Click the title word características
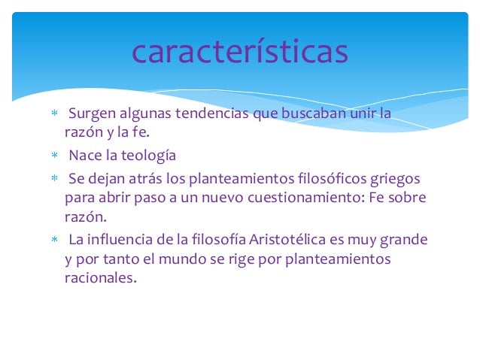tap(239, 52)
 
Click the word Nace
tap(84, 156)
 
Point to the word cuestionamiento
tap(286, 198)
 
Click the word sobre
tap(407, 198)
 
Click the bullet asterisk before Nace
tap(53, 157)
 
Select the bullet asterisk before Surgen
tap(53, 115)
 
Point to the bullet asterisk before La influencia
tap(53, 241)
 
